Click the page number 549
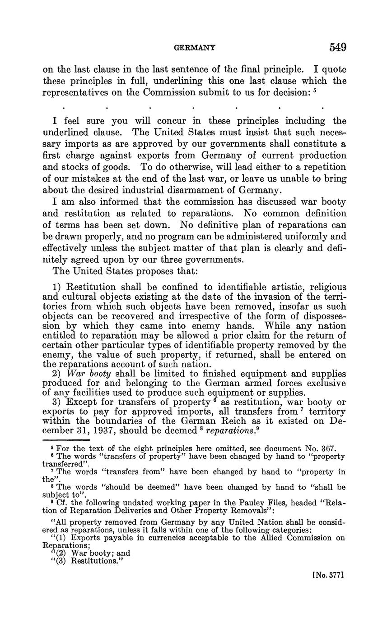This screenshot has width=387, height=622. click(x=338, y=47)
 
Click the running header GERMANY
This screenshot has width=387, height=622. click(x=195, y=47)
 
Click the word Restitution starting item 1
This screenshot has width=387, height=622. click(x=92, y=287)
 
